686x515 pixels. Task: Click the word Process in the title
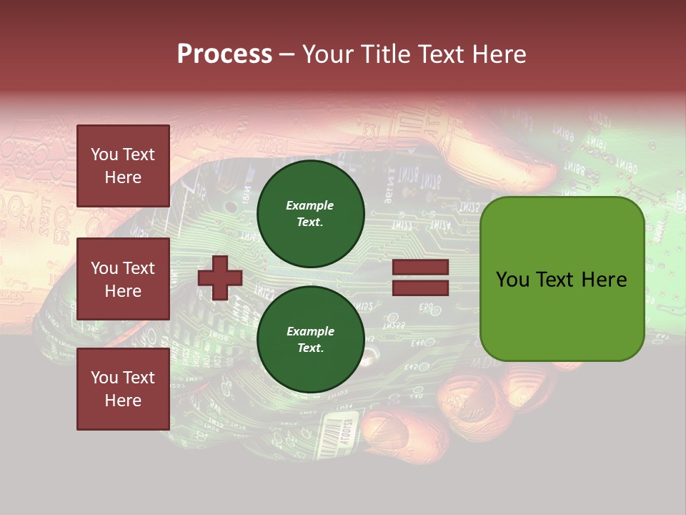click(224, 54)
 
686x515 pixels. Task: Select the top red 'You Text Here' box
click(123, 166)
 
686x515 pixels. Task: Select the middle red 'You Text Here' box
click(123, 279)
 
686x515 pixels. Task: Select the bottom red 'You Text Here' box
click(123, 389)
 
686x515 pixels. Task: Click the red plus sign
click(219, 278)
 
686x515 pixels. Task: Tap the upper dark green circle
click(310, 214)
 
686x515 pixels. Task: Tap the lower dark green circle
click(310, 340)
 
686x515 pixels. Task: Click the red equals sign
click(420, 278)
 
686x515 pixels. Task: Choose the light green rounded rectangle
click(562, 279)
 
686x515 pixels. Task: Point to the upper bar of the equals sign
click(420, 268)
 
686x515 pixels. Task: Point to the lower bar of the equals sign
click(420, 288)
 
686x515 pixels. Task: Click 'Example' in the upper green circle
click(310, 206)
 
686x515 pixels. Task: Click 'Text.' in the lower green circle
click(310, 348)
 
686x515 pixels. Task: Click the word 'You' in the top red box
click(104, 154)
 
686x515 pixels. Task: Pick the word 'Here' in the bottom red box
click(123, 401)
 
